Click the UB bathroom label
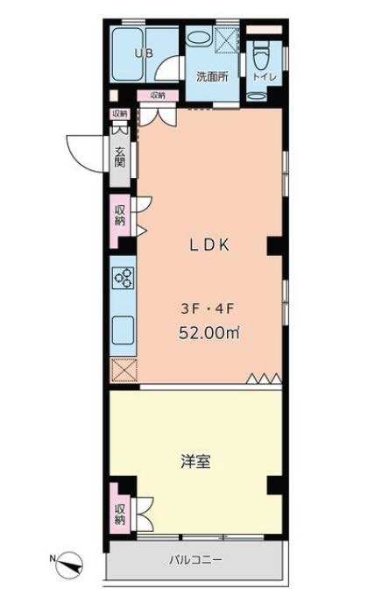tap(144, 53)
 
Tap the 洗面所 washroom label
tap(212, 77)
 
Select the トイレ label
tap(264, 77)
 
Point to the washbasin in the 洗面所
tap(199, 38)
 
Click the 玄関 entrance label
tap(119, 157)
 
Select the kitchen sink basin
tap(123, 330)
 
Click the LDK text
tap(209, 245)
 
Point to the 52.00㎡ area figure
tap(209, 333)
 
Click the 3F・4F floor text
tap(208, 309)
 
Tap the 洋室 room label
tap(195, 461)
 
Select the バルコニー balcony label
tap(195, 559)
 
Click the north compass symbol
tap(68, 564)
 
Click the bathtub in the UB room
tap(128, 54)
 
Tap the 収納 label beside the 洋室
tap(120, 514)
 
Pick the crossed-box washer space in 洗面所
tap(227, 40)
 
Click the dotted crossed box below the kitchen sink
tap(124, 370)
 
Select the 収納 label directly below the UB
tap(158, 95)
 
